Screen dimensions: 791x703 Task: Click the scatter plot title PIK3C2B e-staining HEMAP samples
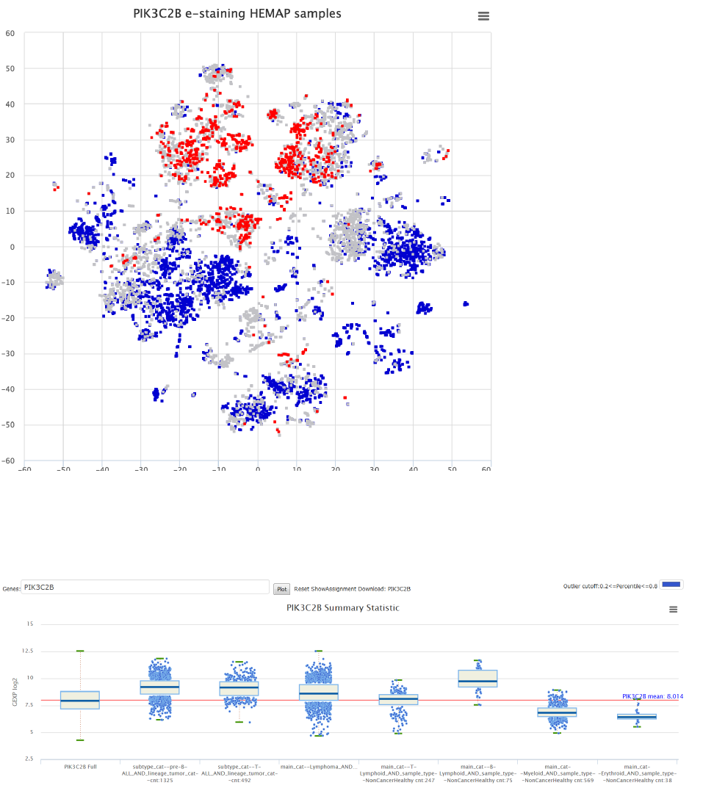(x=237, y=14)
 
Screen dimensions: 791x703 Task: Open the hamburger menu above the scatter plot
(x=483, y=16)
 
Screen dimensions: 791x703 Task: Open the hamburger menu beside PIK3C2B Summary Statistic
(x=673, y=609)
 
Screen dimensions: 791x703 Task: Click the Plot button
(x=281, y=589)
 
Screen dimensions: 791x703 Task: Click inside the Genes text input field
(x=145, y=588)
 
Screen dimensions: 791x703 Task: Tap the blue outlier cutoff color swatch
(x=672, y=585)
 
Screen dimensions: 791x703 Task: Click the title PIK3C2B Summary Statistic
(x=343, y=608)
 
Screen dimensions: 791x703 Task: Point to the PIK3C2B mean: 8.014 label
(x=652, y=696)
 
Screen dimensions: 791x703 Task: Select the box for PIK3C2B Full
(x=80, y=700)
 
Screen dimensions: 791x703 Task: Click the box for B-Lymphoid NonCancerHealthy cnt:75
(x=477, y=678)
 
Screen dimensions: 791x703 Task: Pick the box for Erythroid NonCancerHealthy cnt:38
(x=637, y=716)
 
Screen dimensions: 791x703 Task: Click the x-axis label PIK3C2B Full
(x=80, y=767)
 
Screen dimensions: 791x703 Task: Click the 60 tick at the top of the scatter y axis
(x=10, y=33)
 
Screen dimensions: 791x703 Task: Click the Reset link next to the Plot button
(x=302, y=589)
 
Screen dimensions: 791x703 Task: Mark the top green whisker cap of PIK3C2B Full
(x=80, y=651)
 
